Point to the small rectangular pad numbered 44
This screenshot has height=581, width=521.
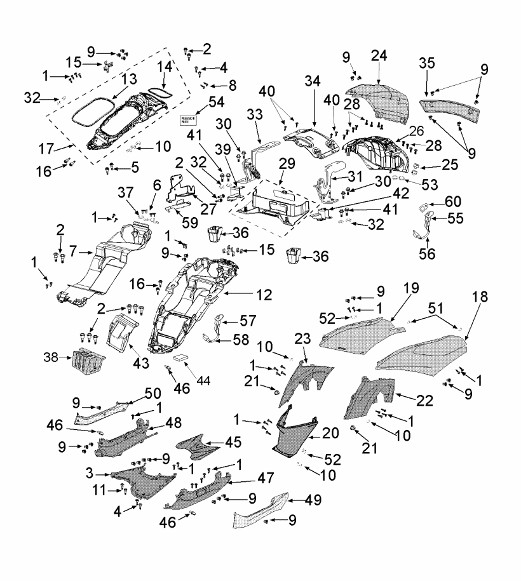point(182,357)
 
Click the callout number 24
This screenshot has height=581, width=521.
point(379,57)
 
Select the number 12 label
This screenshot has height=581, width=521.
point(264,295)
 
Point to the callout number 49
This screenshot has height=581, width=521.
point(310,500)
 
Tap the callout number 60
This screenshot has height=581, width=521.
point(452,201)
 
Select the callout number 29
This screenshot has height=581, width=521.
point(286,164)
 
